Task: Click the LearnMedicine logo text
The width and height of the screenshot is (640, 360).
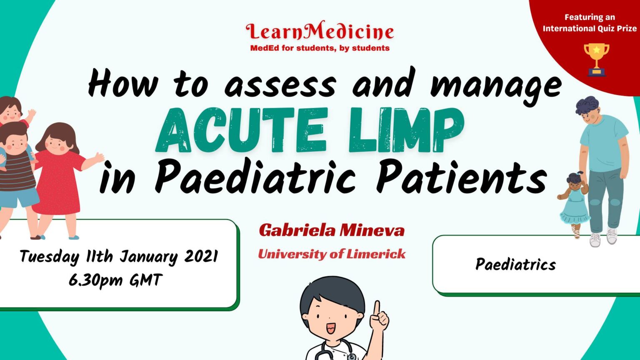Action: [x=320, y=31]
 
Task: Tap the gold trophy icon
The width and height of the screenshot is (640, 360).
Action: [x=596, y=58]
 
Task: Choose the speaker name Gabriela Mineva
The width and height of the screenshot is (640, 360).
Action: [x=332, y=230]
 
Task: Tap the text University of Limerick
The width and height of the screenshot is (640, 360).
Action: [x=332, y=254]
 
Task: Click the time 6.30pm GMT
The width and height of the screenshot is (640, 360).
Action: [x=115, y=280]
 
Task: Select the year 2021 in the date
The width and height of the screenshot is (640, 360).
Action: [x=201, y=256]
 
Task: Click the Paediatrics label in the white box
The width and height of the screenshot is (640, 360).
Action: [x=515, y=265]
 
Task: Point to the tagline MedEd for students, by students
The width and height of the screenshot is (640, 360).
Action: [x=320, y=48]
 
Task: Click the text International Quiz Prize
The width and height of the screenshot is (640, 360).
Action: [x=589, y=28]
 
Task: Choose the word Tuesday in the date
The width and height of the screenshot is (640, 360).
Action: [x=49, y=256]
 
